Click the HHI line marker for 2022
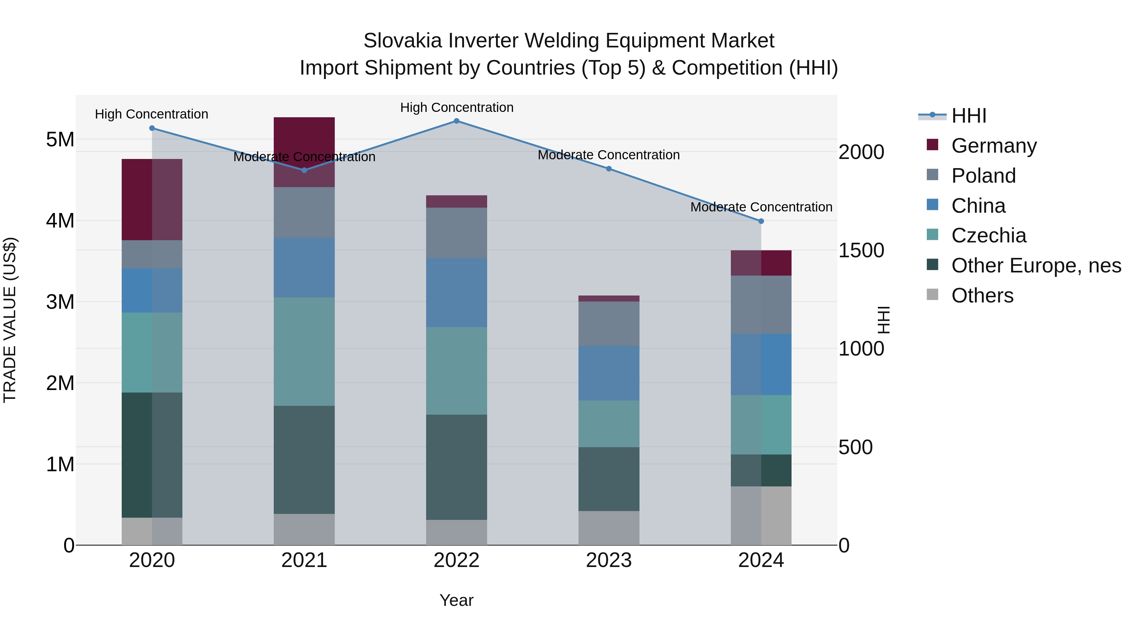click(x=456, y=121)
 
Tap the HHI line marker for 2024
click(x=761, y=221)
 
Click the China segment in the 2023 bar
click(x=609, y=373)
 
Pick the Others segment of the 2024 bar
click(x=761, y=515)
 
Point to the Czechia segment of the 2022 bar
click(x=456, y=371)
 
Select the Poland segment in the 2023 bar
click(x=609, y=323)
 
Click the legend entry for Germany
click(x=994, y=146)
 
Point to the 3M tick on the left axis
click(x=60, y=302)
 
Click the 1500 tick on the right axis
click(x=861, y=250)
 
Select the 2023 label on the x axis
click(x=609, y=560)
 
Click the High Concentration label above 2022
click(x=456, y=107)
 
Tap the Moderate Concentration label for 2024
click(x=761, y=207)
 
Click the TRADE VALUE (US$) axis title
click(x=10, y=320)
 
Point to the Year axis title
click(x=456, y=600)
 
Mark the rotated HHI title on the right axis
click(x=884, y=320)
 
